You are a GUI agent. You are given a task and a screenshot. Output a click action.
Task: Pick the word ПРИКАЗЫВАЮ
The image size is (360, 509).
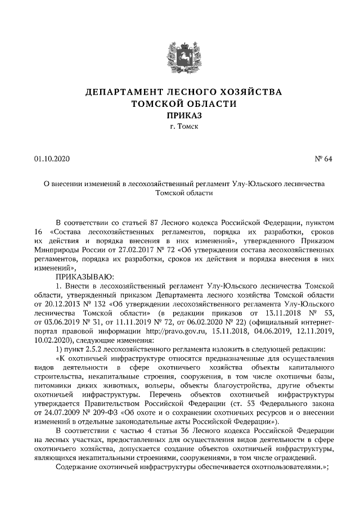click(x=84, y=277)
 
